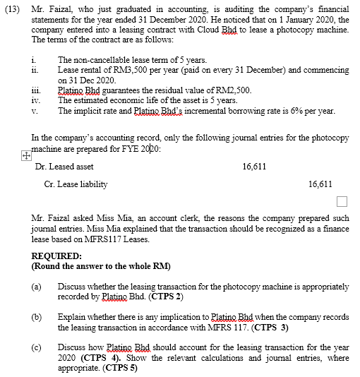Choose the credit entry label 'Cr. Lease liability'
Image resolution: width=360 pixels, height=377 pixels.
[76, 184]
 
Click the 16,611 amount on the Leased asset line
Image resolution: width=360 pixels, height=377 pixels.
[254, 167]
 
